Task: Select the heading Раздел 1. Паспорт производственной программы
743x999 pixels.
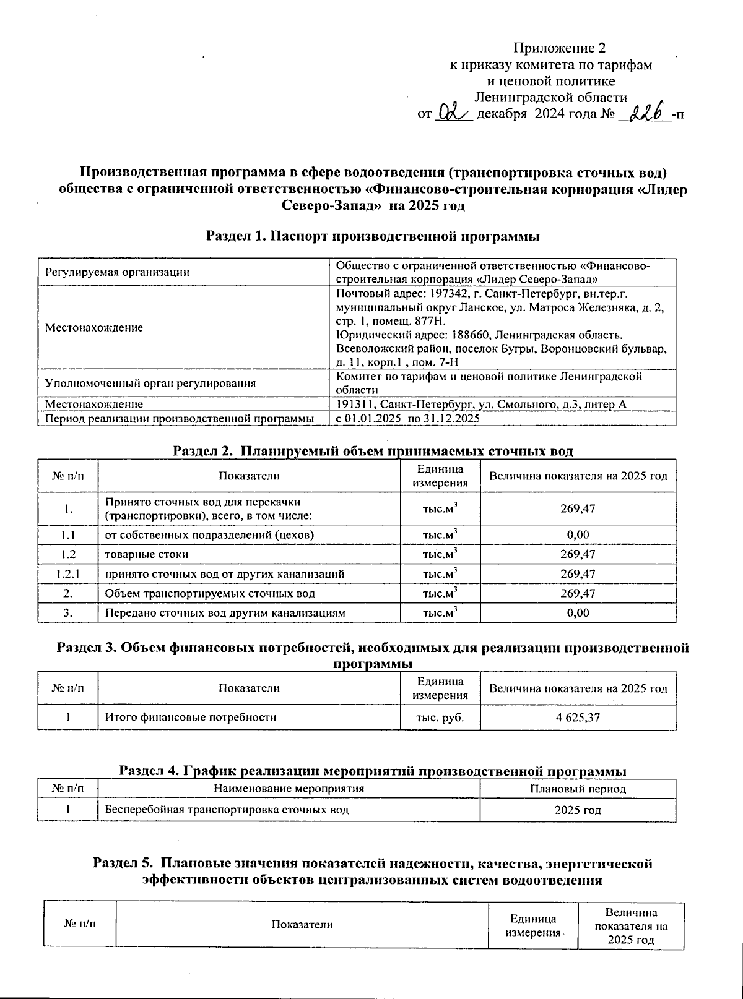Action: (x=373, y=236)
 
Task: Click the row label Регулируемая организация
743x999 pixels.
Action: (x=117, y=272)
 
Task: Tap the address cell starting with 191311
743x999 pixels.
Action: (x=481, y=405)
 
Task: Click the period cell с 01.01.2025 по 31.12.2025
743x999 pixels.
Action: (x=408, y=419)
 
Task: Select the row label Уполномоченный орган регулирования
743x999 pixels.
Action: (x=150, y=383)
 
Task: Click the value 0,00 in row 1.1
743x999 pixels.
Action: (x=578, y=534)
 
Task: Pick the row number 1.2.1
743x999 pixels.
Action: (x=68, y=573)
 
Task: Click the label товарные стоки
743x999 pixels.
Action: (x=147, y=554)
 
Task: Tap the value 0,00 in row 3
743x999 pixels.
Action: (x=578, y=613)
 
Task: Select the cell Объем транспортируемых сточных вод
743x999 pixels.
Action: (x=210, y=593)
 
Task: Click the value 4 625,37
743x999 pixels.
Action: (x=578, y=718)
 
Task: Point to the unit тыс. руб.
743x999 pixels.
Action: (x=440, y=718)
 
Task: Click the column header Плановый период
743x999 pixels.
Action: (x=578, y=789)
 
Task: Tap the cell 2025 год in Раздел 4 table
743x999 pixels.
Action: (x=578, y=810)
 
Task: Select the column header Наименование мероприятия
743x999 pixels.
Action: (x=289, y=789)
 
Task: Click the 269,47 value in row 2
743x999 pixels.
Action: (x=578, y=593)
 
